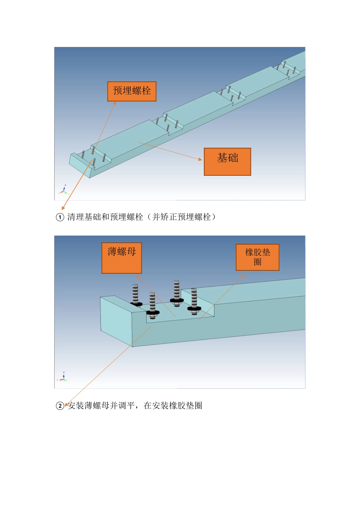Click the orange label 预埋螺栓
pos(131,91)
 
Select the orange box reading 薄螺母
pos(122,258)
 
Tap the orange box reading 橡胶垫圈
pos(257,257)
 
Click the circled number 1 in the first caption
pos(60,217)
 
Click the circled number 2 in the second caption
pos(60,406)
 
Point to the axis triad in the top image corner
pos(64,190)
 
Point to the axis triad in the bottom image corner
pos(63,377)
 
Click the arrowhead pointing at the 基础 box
pos(200,159)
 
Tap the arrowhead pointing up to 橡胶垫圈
pos(243,275)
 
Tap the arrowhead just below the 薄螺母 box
pos(138,277)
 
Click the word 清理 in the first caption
pos(75,217)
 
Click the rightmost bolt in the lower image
pos(194,299)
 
